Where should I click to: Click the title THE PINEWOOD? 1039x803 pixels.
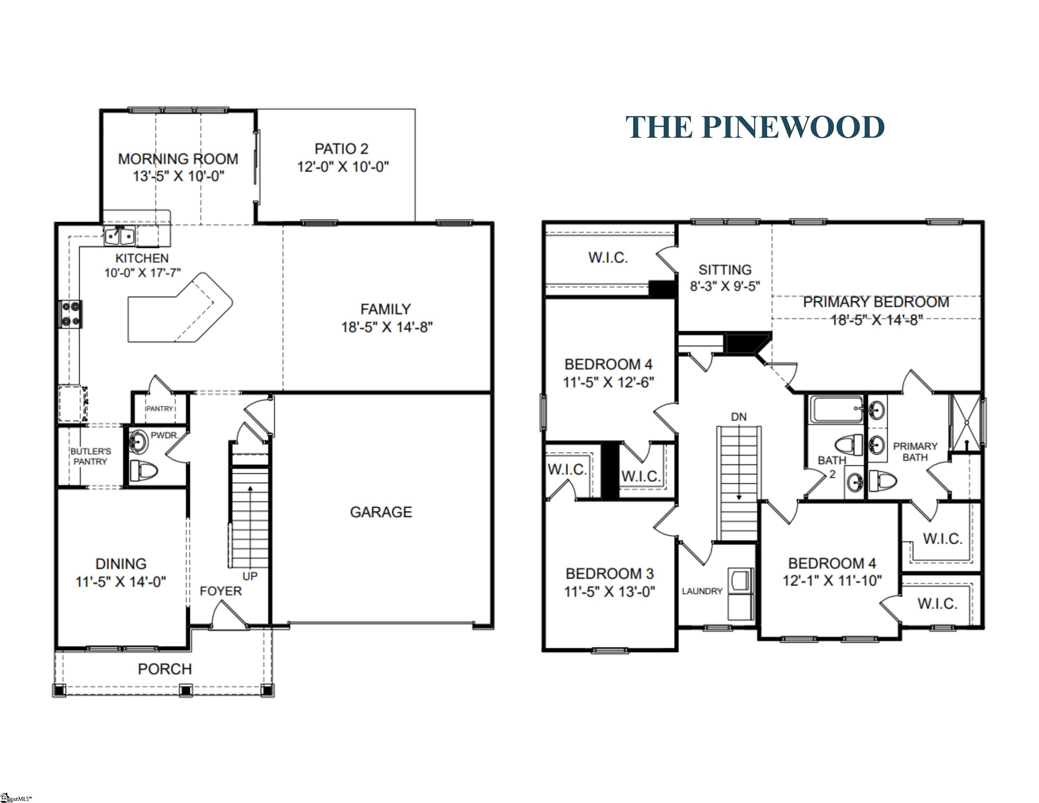click(755, 128)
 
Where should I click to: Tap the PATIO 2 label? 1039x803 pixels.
click(341, 149)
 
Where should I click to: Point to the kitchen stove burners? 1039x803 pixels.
click(70, 314)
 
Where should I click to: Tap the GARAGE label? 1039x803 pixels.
click(381, 512)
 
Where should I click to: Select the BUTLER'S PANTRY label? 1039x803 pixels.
click(90, 456)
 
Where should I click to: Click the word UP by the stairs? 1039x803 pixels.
click(250, 576)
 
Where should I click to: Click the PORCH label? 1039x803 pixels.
click(165, 669)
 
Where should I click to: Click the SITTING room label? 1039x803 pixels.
click(725, 270)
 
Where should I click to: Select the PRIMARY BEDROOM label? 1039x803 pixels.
click(876, 302)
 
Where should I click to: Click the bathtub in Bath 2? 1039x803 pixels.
click(836, 410)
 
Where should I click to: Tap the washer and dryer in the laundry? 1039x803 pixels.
click(740, 594)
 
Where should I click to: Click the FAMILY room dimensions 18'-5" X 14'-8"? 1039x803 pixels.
click(386, 327)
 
